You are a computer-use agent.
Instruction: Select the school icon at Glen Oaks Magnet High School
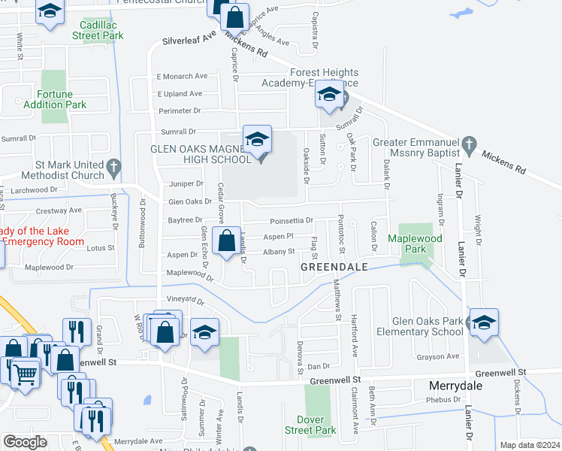(257, 140)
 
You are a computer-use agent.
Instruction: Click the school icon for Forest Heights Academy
(329, 95)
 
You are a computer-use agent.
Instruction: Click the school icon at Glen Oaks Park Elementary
(484, 323)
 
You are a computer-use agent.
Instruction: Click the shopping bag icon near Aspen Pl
(226, 242)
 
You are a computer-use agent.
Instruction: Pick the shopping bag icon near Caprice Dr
(235, 18)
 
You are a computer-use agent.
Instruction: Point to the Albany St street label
(279, 251)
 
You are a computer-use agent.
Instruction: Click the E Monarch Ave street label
(181, 77)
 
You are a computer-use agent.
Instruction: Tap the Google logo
(25, 442)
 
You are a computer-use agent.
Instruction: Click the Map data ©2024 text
(530, 445)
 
